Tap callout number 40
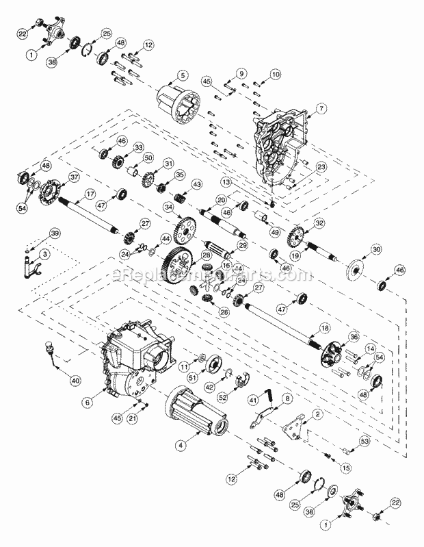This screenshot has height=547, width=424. (x=75, y=380)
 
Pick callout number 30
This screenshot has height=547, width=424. (x=375, y=248)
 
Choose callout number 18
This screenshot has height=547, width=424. (x=325, y=309)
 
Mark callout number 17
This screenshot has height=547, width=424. (x=89, y=194)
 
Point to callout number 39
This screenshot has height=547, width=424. (x=55, y=234)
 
